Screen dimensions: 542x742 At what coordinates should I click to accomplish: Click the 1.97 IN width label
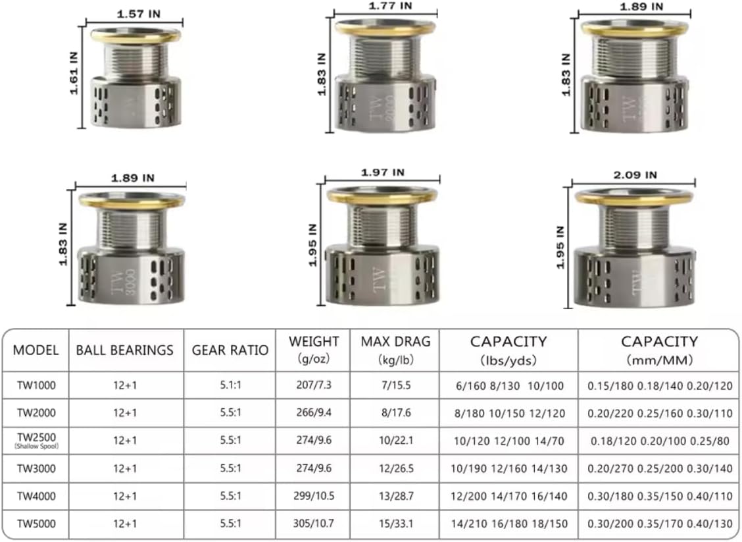pos(383,173)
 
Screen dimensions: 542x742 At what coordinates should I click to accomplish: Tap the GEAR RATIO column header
pos(230,350)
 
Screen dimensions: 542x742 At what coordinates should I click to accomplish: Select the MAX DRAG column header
pos(395,349)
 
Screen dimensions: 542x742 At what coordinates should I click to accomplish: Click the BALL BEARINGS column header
pos(125,350)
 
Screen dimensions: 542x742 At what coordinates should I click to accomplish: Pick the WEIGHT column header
pos(314,349)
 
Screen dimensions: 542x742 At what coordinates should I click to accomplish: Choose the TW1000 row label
pos(36,386)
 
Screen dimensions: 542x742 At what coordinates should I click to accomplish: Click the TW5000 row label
pos(36,524)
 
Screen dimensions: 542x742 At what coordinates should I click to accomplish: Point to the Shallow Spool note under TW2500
pos(36,446)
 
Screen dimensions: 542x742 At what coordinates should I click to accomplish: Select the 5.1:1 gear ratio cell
pos(230,386)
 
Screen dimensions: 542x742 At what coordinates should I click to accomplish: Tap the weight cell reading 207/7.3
pos(314,386)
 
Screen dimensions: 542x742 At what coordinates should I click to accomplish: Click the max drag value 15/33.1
pos(395,524)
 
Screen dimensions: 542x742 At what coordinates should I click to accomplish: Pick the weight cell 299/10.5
pos(314,496)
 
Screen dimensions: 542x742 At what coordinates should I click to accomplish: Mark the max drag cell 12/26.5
pos(395,468)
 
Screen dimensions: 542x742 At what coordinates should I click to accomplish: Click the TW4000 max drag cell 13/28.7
pos(395,496)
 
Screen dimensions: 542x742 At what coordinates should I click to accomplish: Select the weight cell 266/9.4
pos(314,413)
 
